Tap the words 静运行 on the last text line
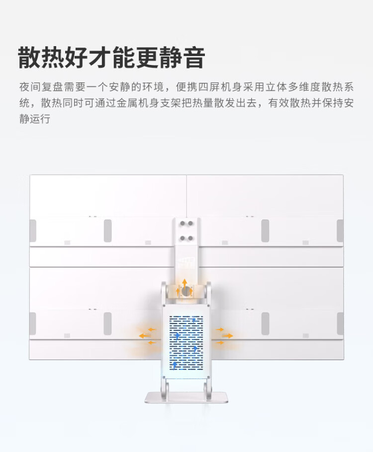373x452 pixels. [x=35, y=120]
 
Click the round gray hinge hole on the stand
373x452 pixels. [x=186, y=291]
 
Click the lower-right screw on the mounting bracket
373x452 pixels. [x=190, y=238]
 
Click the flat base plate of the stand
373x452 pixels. [x=186, y=397]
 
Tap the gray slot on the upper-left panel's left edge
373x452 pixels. [x=33, y=231]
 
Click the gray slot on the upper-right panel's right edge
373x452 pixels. [x=340, y=231]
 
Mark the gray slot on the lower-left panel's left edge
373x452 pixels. [x=33, y=323]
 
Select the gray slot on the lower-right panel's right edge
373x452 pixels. [x=340, y=323]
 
